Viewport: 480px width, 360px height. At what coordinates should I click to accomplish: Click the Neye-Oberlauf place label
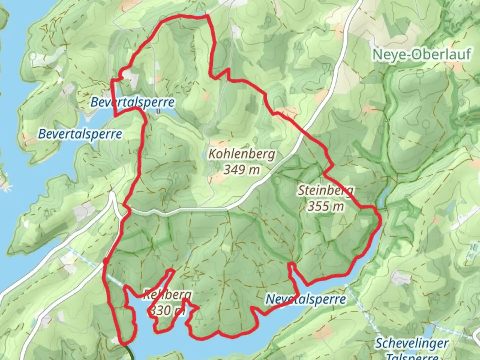[422, 54]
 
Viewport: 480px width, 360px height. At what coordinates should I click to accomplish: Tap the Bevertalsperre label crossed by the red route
[132, 102]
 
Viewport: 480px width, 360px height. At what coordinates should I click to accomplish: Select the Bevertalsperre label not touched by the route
[80, 134]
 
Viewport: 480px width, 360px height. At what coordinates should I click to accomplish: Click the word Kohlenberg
[242, 154]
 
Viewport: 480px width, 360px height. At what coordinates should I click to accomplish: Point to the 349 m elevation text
[241, 170]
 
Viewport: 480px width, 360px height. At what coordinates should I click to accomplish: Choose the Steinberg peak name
[325, 190]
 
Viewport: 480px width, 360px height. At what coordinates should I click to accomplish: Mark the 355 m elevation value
[325, 206]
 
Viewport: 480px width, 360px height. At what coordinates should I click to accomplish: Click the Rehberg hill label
[167, 295]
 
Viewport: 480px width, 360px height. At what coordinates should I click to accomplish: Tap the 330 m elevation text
[167, 310]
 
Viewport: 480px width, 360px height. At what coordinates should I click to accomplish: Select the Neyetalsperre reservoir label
[305, 299]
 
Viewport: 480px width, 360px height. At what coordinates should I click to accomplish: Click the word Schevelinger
[412, 343]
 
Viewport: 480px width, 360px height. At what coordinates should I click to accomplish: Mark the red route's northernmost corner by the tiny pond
[207, 15]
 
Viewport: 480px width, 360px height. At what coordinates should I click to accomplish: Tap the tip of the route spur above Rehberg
[172, 270]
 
